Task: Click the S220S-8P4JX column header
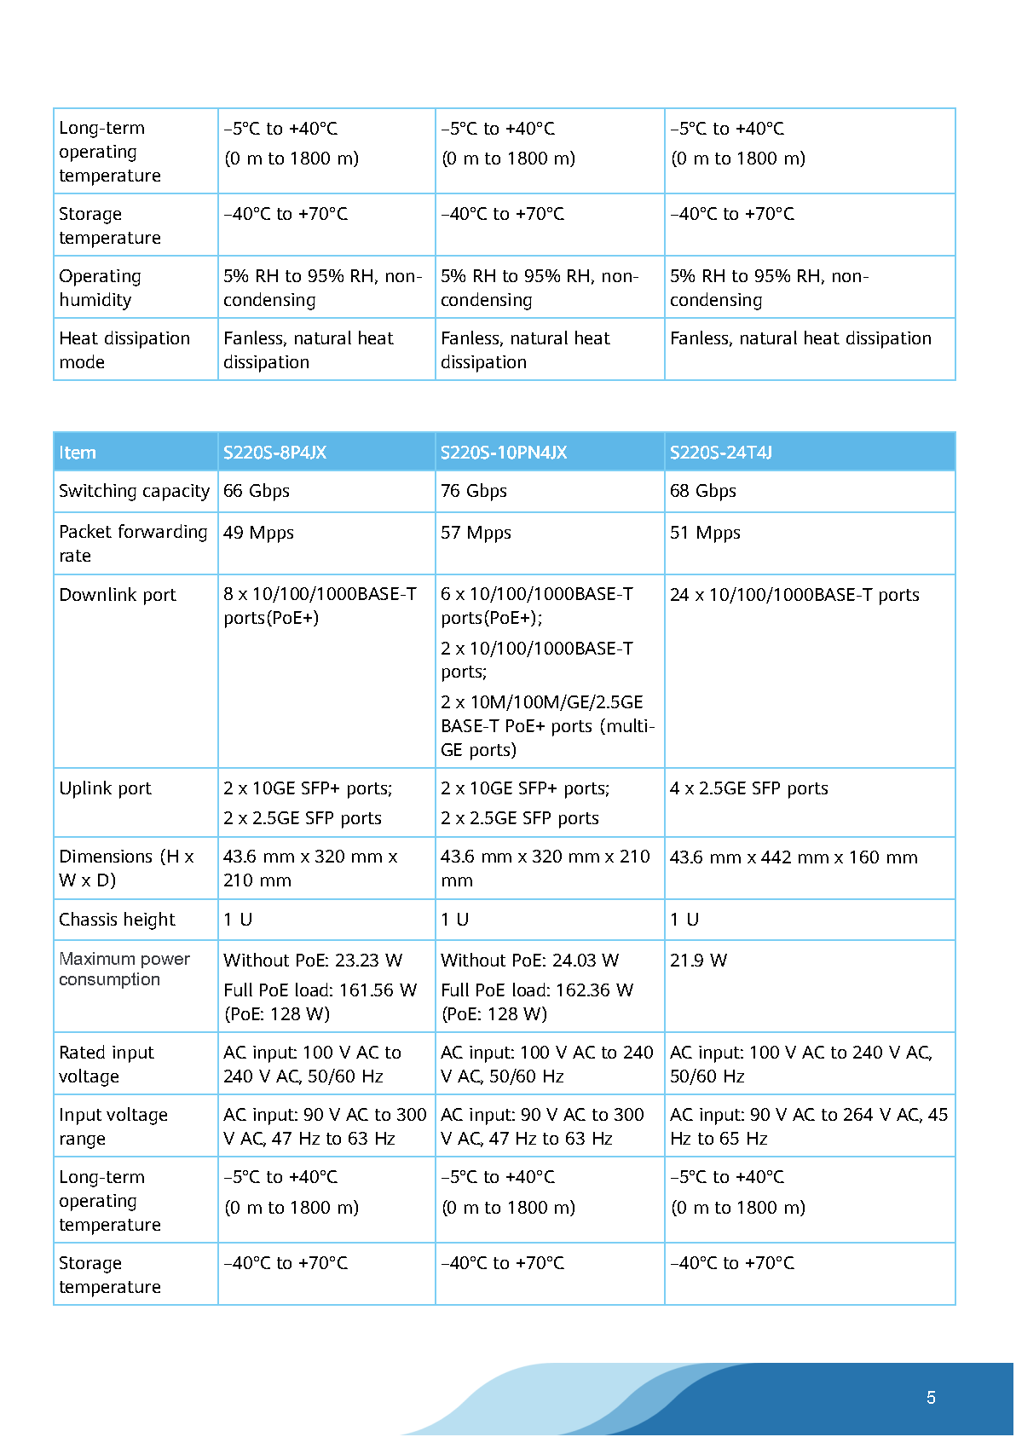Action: (x=274, y=453)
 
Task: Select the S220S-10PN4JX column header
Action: (x=503, y=453)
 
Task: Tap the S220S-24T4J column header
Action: (x=720, y=453)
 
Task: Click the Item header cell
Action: (x=78, y=453)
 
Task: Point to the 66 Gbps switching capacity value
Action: (x=257, y=491)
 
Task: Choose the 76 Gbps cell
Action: (x=474, y=491)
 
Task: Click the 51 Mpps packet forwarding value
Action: (x=705, y=533)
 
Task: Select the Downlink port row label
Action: (x=118, y=595)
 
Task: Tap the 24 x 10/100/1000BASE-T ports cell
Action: (x=794, y=595)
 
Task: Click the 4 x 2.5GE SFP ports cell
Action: (x=748, y=788)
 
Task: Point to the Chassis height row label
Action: (x=117, y=920)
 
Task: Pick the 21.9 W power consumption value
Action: (x=698, y=961)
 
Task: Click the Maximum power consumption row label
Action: (x=124, y=969)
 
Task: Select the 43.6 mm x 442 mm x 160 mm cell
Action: (x=794, y=857)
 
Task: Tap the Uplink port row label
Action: (x=105, y=788)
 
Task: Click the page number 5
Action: (x=931, y=1398)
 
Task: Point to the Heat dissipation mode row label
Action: (x=124, y=349)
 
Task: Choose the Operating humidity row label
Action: (x=100, y=287)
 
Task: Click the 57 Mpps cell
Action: (x=476, y=533)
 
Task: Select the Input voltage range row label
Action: (x=113, y=1127)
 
